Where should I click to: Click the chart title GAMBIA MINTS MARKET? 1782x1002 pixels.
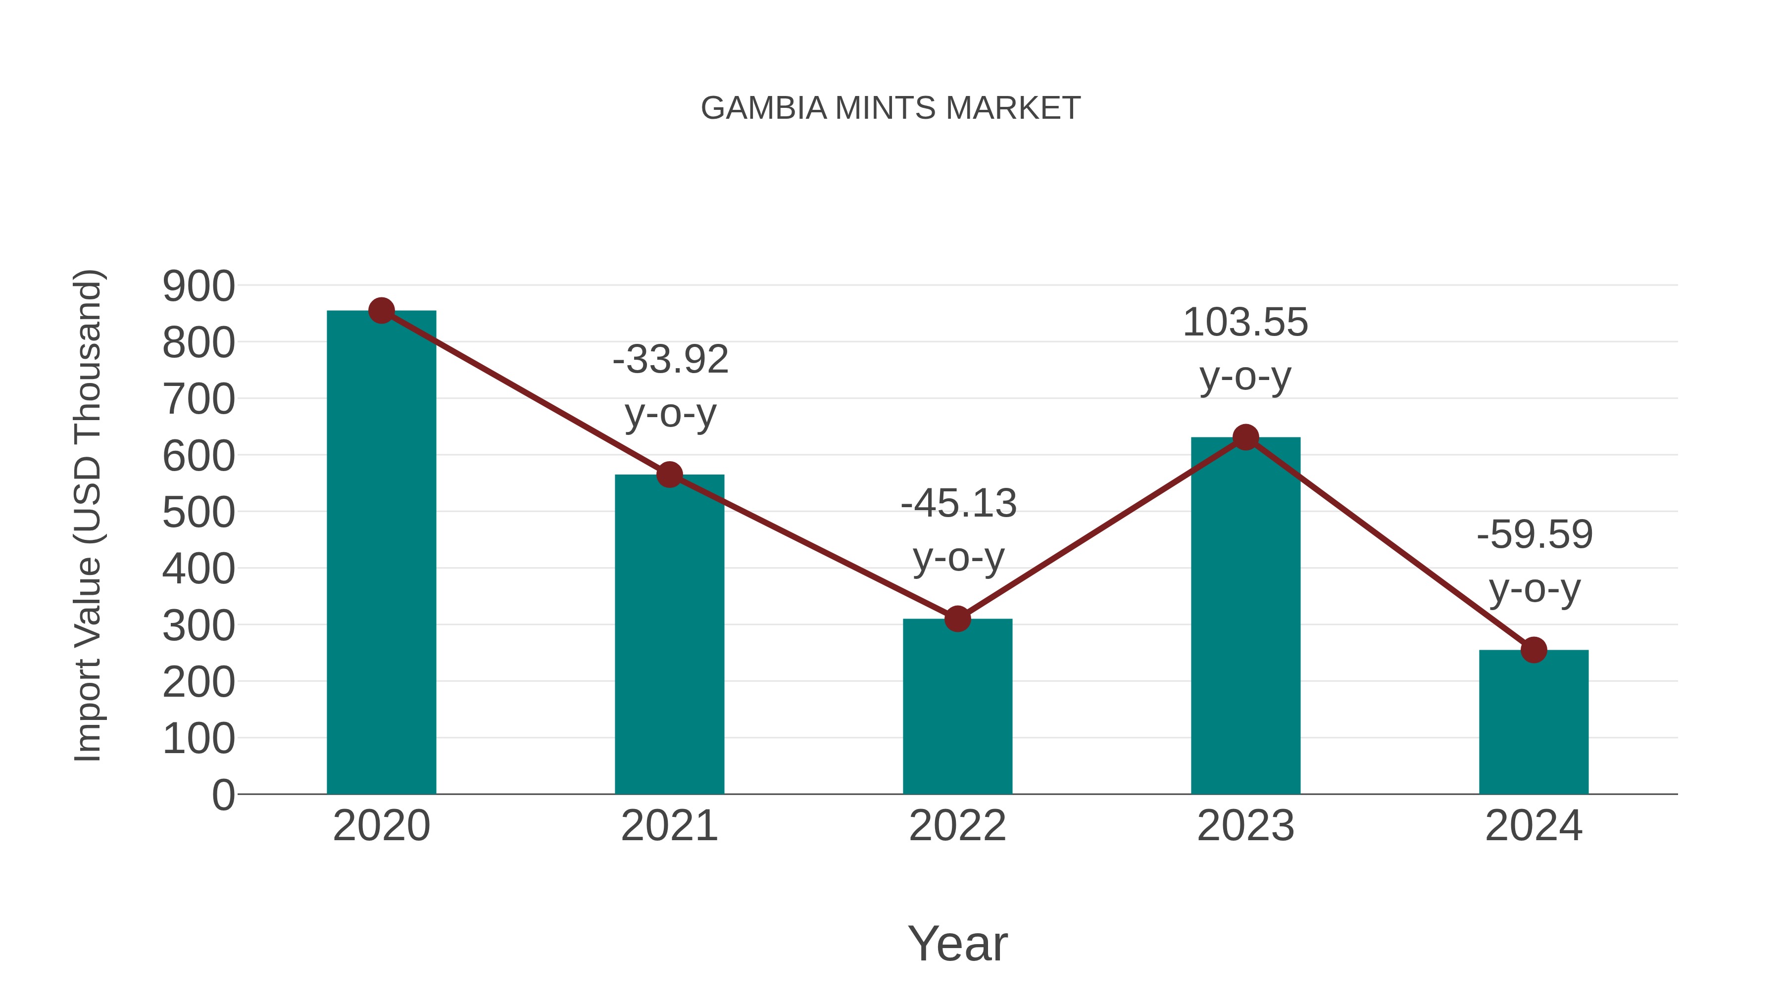pyautogui.click(x=891, y=108)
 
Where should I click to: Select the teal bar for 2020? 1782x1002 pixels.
pyautogui.click(x=381, y=553)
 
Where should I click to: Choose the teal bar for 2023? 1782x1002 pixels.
pyautogui.click(x=1245, y=616)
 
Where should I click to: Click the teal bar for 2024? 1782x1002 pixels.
pyautogui.click(x=1534, y=722)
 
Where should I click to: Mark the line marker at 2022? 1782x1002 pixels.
pyautogui.click(x=957, y=619)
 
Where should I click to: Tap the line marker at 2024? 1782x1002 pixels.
pyautogui.click(x=1534, y=650)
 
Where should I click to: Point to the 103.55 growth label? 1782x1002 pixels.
pyautogui.click(x=1245, y=323)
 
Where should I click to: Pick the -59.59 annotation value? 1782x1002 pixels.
pyautogui.click(x=1534, y=535)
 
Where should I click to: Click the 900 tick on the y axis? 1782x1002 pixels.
pyautogui.click(x=198, y=286)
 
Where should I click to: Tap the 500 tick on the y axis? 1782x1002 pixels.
pyautogui.click(x=198, y=513)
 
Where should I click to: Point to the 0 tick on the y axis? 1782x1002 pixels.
pyautogui.click(x=223, y=795)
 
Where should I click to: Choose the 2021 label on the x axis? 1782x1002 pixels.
pyautogui.click(x=669, y=826)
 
